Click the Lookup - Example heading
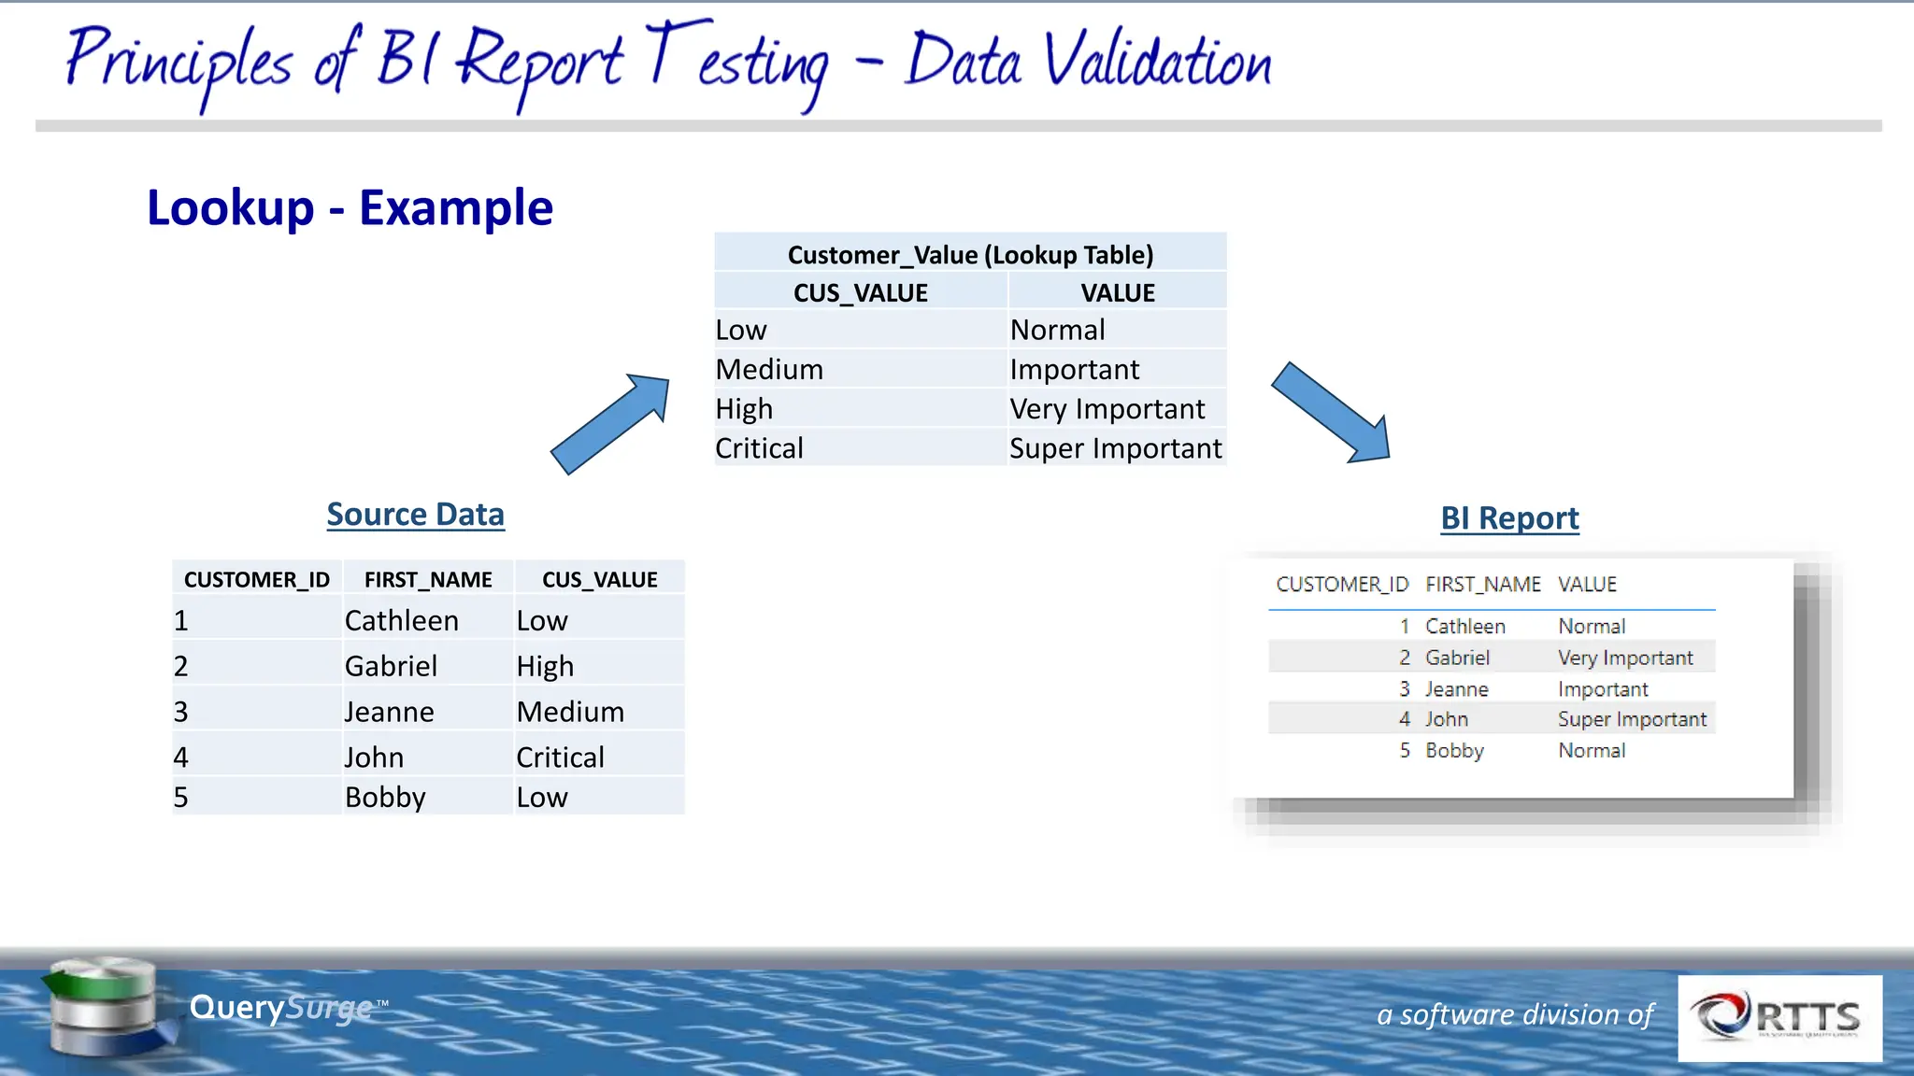(350, 207)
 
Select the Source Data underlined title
(415, 515)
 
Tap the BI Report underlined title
(1509, 518)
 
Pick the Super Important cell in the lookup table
(1115, 448)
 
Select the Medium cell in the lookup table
(769, 370)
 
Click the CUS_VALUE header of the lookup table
(860, 293)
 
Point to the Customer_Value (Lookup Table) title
(970, 255)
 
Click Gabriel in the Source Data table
(391, 666)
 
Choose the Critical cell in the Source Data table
(560, 757)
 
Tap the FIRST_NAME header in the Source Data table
(428, 580)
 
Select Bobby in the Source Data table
(385, 798)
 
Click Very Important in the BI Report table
(1624, 658)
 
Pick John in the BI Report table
(1446, 719)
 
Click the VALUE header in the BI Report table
(1587, 585)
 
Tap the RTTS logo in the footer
(1779, 1017)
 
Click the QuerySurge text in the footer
(280, 1008)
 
